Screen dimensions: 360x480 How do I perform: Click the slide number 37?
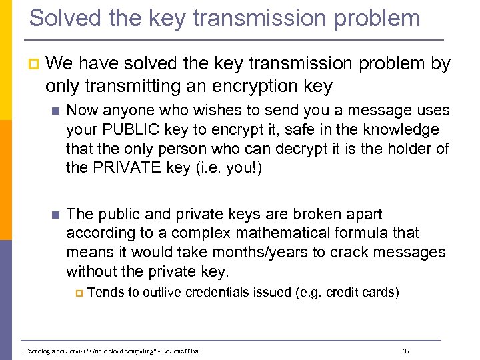pyautogui.click(x=407, y=350)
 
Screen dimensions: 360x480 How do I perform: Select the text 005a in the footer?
pyautogui.click(x=191, y=351)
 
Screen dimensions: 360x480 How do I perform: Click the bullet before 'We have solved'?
pyautogui.click(x=33, y=65)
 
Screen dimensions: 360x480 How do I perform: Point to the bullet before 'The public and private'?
pyautogui.click(x=55, y=215)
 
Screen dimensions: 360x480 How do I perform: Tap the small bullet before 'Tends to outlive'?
pyautogui.click(x=77, y=293)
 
